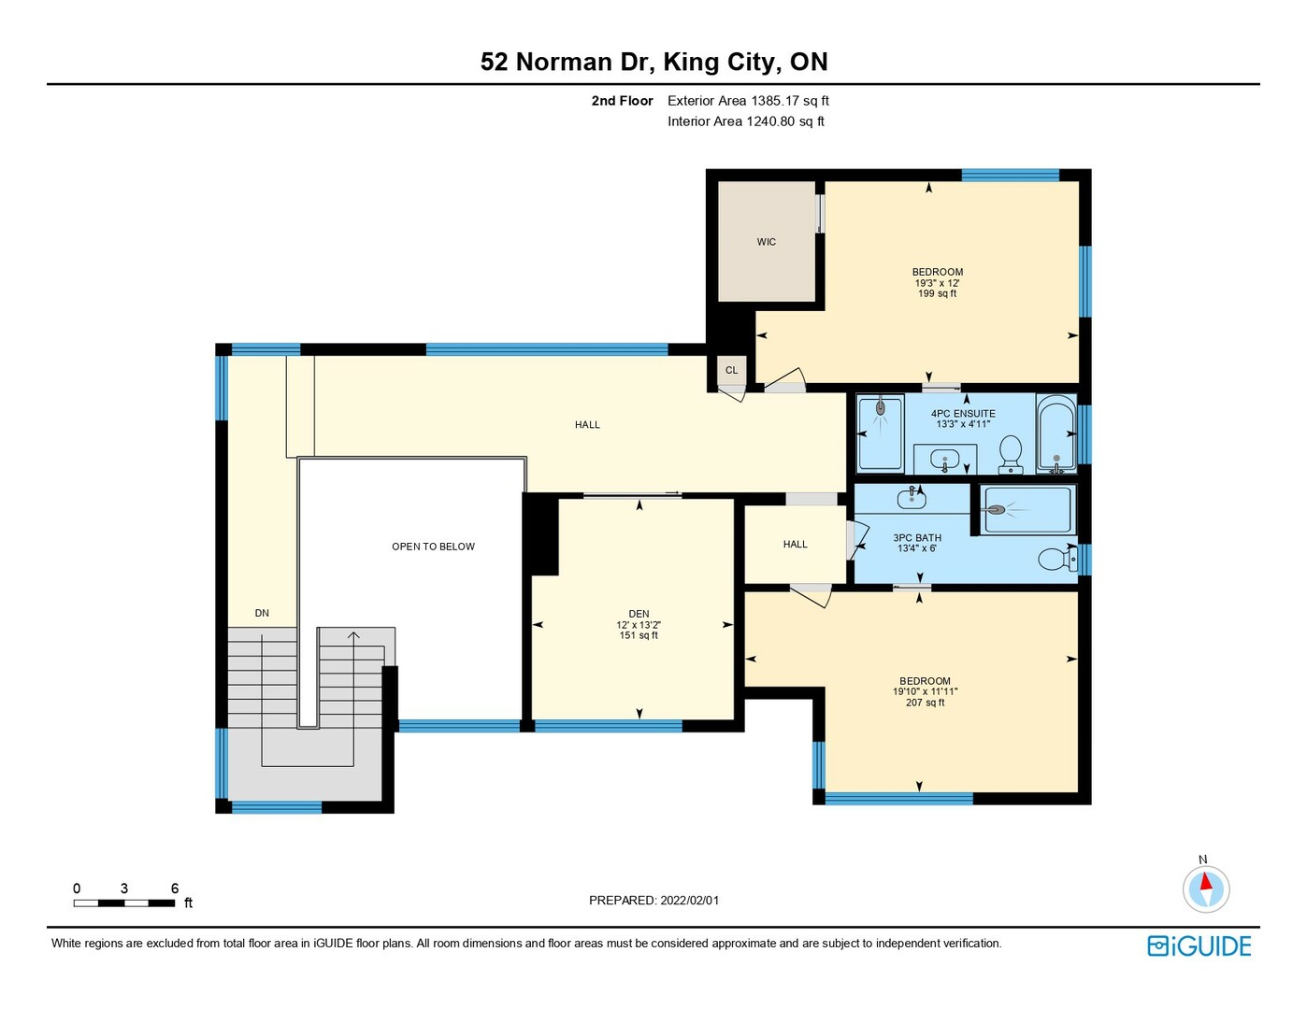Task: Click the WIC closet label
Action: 766,242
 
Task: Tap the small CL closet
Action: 731,370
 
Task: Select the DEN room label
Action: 639,614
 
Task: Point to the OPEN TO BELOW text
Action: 433,547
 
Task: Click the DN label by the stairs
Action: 262,613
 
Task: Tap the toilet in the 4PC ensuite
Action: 1011,454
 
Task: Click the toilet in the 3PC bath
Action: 1058,559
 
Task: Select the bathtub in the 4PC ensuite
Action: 1056,433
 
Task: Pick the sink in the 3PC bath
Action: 912,498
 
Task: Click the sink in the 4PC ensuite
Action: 945,462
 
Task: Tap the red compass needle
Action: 1205,881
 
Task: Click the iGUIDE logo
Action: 1199,945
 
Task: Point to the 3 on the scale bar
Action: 124,888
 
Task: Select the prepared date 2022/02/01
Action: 689,901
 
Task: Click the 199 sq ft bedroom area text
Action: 937,293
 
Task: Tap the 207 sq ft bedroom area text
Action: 925,702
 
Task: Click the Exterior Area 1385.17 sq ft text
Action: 748,101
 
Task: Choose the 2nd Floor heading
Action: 622,101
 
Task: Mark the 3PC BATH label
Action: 917,538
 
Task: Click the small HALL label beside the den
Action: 796,544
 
